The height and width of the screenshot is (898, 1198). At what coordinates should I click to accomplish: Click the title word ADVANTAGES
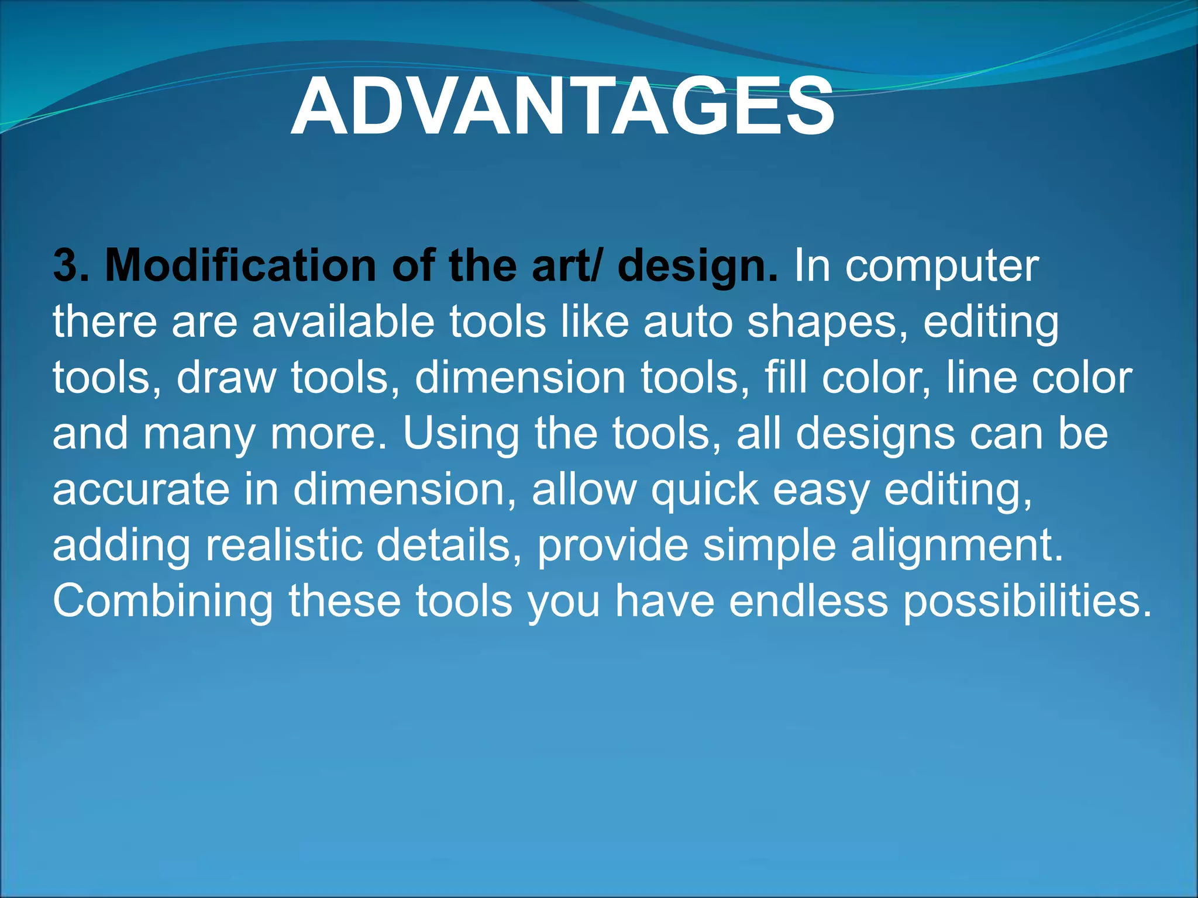click(562, 106)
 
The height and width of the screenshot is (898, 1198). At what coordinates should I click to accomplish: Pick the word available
click(343, 322)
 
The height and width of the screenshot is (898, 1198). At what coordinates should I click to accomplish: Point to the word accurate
click(141, 490)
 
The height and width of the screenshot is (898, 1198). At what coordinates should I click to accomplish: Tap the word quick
click(704, 490)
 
